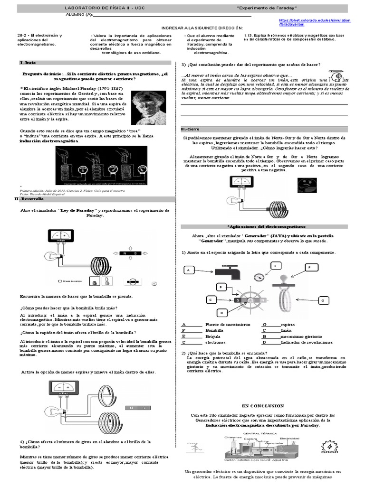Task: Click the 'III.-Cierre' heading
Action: tap(191, 129)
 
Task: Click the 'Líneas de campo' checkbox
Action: tap(59, 281)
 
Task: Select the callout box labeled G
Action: tap(323, 301)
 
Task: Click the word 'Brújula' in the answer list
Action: tap(213, 336)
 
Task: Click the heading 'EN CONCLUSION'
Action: tap(263, 406)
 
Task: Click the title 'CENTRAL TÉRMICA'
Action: tap(257, 434)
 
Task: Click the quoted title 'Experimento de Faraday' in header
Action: tap(260, 9)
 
